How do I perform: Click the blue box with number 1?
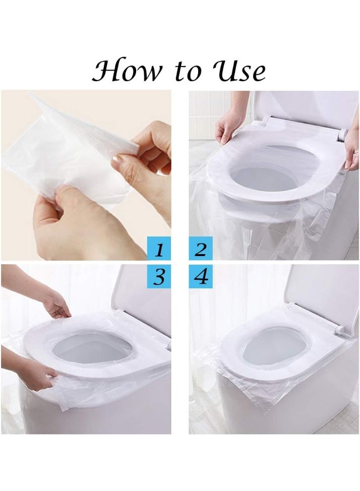click(x=159, y=249)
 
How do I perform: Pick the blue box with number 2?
click(x=201, y=249)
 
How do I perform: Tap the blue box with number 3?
click(x=159, y=277)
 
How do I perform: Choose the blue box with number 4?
click(x=201, y=277)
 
